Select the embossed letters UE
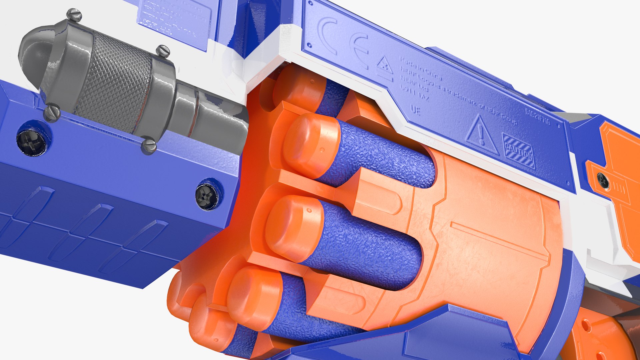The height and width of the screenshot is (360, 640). pos(415,110)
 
